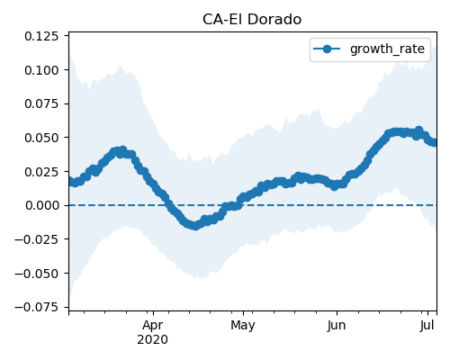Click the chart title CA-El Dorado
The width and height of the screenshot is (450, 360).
click(252, 20)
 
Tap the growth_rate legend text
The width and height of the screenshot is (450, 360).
click(387, 49)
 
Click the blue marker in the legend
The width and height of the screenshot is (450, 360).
click(327, 49)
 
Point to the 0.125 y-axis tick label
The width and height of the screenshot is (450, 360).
click(41, 36)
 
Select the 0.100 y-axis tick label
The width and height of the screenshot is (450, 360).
click(41, 70)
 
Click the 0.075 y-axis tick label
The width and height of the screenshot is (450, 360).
click(41, 103)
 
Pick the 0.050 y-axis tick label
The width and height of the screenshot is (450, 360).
click(41, 138)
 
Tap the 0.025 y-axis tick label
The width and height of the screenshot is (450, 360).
click(41, 172)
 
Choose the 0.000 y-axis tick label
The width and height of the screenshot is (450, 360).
click(42, 205)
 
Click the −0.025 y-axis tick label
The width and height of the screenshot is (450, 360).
click(36, 239)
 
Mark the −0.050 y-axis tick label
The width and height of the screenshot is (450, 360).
click(36, 274)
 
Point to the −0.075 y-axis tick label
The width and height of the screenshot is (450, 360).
click(36, 307)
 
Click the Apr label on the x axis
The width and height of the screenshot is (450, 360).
click(153, 326)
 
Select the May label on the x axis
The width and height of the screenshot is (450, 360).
click(243, 326)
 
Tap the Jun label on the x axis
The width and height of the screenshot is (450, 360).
click(337, 325)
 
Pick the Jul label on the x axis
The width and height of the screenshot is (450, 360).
click(427, 325)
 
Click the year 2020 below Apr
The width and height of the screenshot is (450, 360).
click(152, 340)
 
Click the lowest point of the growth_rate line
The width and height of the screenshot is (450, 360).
click(195, 226)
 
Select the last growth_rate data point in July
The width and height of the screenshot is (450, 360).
click(435, 142)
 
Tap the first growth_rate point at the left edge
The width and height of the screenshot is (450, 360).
click(70, 181)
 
